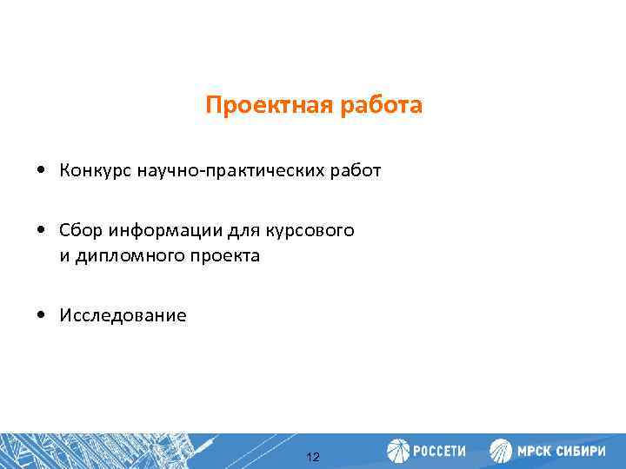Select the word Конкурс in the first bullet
(x=94, y=170)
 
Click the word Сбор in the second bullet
(x=78, y=231)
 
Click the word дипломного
(x=135, y=256)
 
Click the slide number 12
(x=314, y=457)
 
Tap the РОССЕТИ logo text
(x=438, y=452)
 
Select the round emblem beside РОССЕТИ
(x=397, y=451)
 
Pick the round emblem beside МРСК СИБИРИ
(x=501, y=451)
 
